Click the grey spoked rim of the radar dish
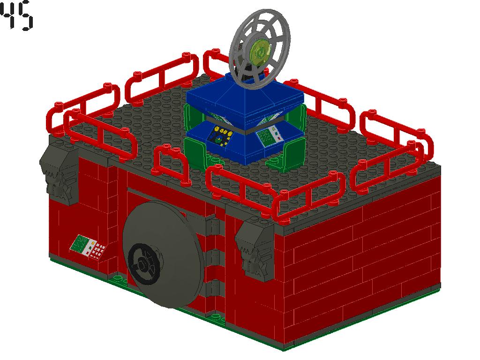click(279, 28)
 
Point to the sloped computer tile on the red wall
click(88, 247)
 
